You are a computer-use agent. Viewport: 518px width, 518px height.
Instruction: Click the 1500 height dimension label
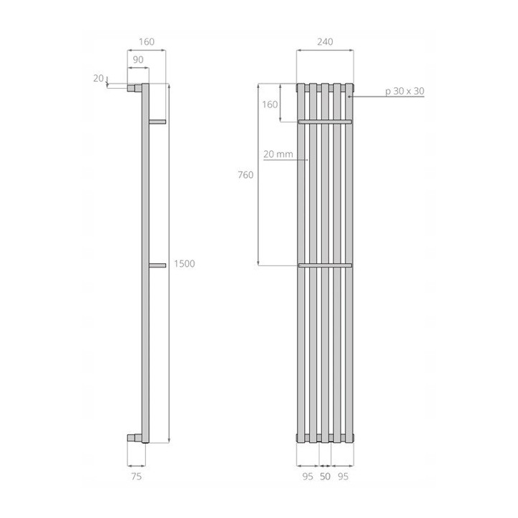(x=184, y=264)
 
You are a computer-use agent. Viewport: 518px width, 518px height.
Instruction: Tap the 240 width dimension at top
(x=324, y=41)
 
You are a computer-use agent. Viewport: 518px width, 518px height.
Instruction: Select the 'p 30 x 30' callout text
(x=404, y=91)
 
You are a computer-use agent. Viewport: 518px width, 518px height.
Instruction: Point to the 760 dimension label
(x=245, y=175)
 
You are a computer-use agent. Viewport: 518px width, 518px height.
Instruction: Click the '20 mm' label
(x=277, y=154)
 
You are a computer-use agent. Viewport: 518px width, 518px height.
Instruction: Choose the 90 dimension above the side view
(x=138, y=59)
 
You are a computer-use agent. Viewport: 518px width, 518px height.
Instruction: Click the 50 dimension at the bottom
(x=325, y=474)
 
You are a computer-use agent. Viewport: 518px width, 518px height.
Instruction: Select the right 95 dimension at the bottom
(x=345, y=474)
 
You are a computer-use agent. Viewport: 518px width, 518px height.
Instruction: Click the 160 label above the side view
(x=146, y=41)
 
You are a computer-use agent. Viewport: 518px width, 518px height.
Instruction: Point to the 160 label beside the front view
(x=270, y=104)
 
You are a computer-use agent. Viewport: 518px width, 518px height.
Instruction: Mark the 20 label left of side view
(x=98, y=78)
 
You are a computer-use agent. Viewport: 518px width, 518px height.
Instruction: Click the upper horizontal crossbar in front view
(x=325, y=122)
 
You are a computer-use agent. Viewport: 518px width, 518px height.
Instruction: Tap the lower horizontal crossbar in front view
(x=325, y=265)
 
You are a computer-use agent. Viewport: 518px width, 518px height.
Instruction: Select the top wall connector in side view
(x=133, y=89)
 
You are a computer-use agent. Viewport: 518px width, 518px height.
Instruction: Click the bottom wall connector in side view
(x=133, y=437)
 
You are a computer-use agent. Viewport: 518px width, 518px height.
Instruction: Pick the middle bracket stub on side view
(x=157, y=265)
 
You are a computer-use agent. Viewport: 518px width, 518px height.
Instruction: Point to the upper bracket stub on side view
(x=157, y=122)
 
